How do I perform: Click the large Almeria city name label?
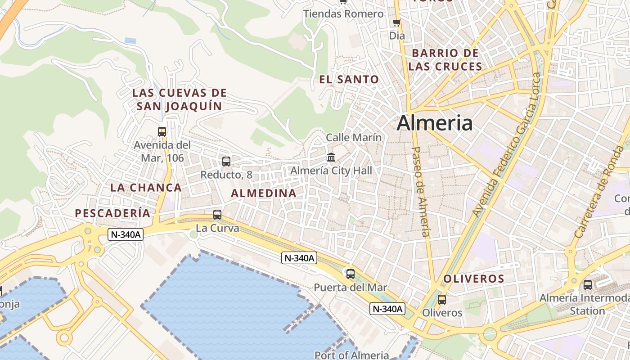tap(435, 123)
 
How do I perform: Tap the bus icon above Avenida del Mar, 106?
tap(162, 132)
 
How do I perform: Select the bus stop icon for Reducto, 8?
tap(226, 161)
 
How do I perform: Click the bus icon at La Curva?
tap(217, 215)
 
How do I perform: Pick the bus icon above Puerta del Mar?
tap(350, 273)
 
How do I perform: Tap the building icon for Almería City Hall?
tap(331, 157)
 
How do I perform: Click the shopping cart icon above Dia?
tap(396, 23)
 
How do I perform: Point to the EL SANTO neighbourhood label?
tap(349, 80)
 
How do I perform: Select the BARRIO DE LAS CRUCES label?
tap(445, 60)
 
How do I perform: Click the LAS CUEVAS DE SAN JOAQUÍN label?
tap(179, 99)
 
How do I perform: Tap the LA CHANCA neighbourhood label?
tap(146, 188)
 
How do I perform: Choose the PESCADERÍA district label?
tap(112, 213)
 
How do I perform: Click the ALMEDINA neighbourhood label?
tap(264, 193)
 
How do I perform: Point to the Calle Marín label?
tap(354, 137)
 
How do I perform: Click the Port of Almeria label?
tap(351, 355)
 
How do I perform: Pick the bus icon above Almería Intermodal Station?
tap(588, 284)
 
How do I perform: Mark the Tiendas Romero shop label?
tap(343, 14)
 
